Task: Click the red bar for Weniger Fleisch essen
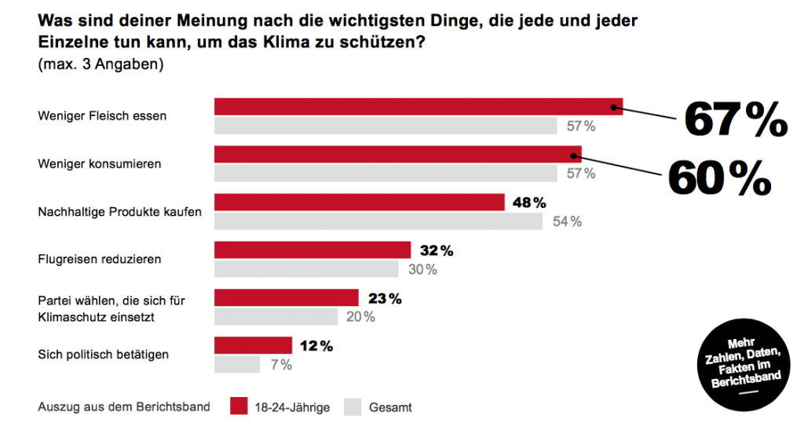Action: point(418,107)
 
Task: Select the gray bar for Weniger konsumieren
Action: point(385,173)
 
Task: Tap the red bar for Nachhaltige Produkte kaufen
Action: point(360,202)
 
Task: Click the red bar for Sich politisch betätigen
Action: point(253,345)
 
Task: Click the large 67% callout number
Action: point(735,121)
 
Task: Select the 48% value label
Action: point(528,202)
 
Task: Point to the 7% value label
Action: point(280,365)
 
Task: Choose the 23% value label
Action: point(385,298)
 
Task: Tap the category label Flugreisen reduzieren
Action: point(100,258)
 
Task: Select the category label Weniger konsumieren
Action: point(99,164)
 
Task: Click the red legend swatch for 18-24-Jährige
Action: point(239,406)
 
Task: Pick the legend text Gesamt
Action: point(391,407)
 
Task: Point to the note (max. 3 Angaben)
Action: point(100,65)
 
